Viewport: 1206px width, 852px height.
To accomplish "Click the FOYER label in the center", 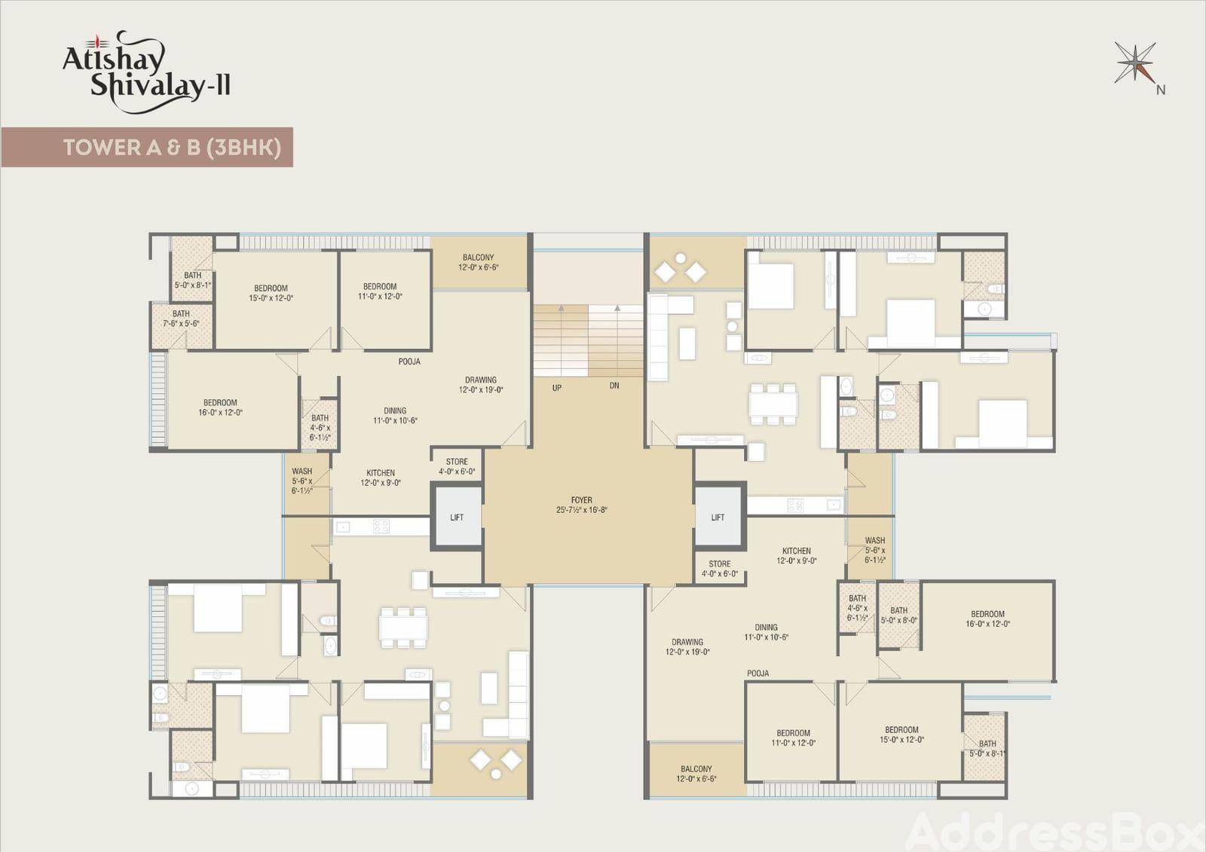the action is coord(581,505).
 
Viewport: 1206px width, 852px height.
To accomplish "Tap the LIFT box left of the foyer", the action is coord(457,518).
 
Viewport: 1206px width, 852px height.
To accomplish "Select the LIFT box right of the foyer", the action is coord(718,518).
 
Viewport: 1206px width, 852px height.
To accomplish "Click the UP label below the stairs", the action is coord(557,387).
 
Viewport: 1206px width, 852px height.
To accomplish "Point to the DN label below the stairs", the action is coord(614,386).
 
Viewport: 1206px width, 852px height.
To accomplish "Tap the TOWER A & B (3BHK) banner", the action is coord(147,147).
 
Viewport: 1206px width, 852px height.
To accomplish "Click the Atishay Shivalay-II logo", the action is coord(146,72).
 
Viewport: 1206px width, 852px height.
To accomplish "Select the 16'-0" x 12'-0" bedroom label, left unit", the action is coord(220,408).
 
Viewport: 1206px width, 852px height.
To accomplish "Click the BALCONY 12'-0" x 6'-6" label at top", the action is coord(478,262).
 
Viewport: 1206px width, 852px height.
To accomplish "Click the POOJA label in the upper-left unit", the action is coord(409,362).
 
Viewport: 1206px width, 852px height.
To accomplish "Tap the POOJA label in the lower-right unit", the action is coord(758,673).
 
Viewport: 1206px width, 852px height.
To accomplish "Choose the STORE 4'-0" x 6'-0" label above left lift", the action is coord(457,466).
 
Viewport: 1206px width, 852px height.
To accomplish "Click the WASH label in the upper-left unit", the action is coord(302,471).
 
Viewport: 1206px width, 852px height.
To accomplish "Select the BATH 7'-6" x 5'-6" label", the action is coord(181,319).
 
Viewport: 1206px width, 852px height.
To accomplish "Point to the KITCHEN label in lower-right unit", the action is coord(797,551).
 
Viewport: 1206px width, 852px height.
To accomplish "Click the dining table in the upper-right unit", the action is coord(773,405).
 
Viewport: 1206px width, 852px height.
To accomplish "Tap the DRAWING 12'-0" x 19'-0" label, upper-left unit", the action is coord(481,385).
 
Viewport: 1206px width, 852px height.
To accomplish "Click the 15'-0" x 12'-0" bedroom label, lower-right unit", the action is coord(901,734).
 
